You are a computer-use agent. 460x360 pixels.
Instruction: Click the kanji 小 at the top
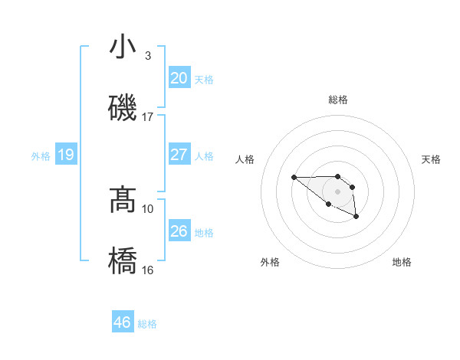point(123,47)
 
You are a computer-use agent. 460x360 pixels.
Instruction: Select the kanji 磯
point(123,107)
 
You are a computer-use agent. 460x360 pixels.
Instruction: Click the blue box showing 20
point(179,78)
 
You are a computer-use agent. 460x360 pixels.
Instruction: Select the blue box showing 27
point(179,155)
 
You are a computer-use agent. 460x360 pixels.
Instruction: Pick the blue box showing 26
point(179,231)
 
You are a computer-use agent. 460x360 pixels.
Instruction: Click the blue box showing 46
point(123,322)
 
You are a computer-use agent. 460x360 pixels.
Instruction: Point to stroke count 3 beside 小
point(147,56)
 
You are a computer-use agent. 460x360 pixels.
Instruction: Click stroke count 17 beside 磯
point(148,117)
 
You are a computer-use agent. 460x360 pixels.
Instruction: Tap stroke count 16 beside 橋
point(148,270)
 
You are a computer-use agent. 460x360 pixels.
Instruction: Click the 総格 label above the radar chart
point(338,100)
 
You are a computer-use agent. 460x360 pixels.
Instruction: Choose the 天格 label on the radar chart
point(431,159)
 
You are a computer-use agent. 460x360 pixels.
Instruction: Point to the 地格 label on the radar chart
point(402,262)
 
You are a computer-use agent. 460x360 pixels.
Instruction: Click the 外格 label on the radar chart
point(270,262)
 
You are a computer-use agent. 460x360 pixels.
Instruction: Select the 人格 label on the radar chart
point(245,159)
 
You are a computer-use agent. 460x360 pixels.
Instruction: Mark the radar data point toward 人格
point(294,178)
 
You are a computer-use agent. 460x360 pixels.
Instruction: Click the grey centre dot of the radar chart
point(337,191)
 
